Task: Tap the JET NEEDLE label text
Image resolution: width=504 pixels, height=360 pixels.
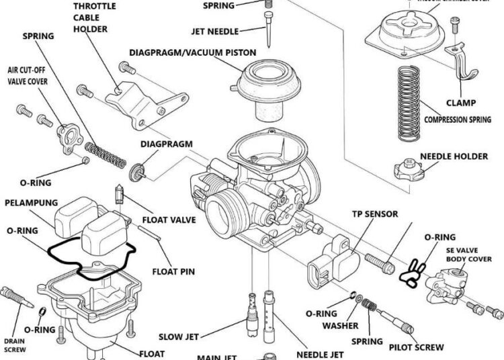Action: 216,30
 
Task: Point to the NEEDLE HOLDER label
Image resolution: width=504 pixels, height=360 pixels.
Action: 454,156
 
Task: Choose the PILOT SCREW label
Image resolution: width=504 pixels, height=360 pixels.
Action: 417,347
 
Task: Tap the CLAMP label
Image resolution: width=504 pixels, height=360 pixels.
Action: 461,103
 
